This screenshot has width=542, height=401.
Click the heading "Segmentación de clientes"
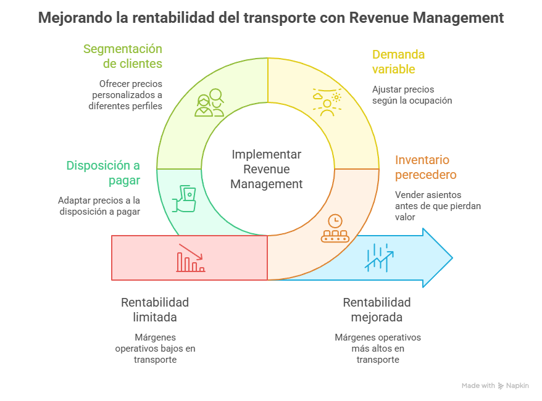coord(123,56)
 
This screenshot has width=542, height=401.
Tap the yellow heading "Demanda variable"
coord(398,62)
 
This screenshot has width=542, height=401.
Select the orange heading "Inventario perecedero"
coord(426,167)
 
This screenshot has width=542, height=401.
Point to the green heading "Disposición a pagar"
coord(103,173)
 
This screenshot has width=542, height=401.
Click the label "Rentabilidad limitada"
coord(155,310)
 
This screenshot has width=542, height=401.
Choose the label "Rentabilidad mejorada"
coord(377,310)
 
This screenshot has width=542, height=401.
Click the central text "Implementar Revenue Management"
coord(267,169)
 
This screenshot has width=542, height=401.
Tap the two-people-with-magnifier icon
coord(209,103)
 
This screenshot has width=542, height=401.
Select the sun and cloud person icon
coord(327,102)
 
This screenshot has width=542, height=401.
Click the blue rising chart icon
coord(379,257)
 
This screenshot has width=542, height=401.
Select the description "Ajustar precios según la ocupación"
coord(412,95)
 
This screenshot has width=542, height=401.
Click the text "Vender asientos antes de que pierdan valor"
coord(438,205)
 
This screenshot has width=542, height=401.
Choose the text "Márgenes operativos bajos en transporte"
coord(155,349)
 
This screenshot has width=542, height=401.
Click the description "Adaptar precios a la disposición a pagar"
coord(99,206)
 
